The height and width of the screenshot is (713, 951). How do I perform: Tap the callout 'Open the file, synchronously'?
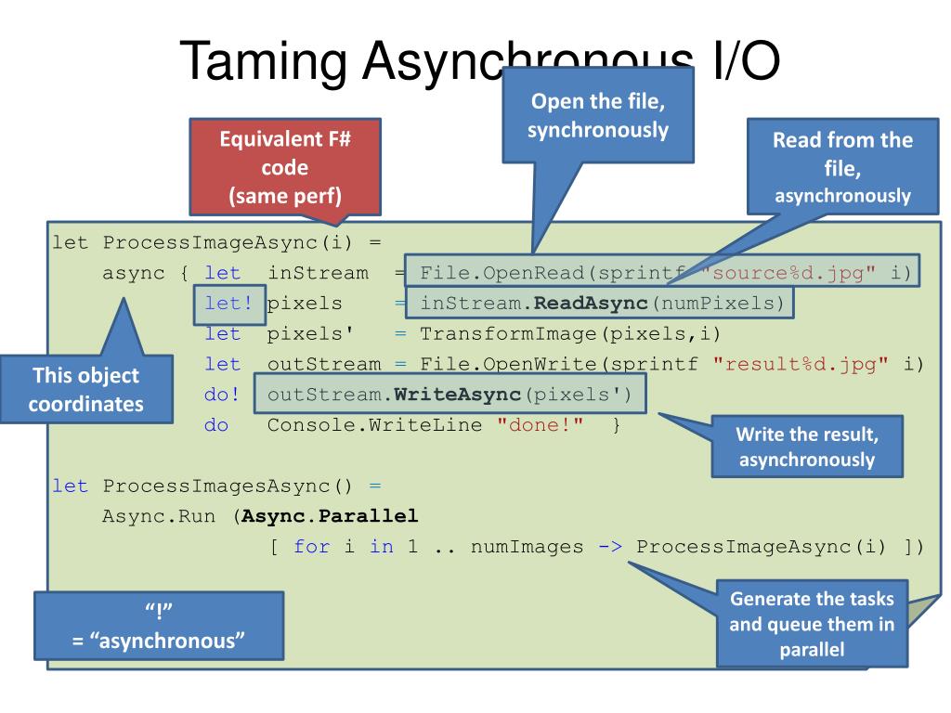pos(598,117)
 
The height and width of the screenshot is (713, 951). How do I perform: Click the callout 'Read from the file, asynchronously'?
pos(842,167)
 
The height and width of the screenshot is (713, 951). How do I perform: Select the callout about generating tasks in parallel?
pos(813,624)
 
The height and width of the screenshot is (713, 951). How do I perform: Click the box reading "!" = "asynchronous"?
pos(160,628)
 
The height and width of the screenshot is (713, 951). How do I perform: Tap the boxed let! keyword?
pos(222,303)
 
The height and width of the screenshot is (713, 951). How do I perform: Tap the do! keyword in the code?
pos(222,395)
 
